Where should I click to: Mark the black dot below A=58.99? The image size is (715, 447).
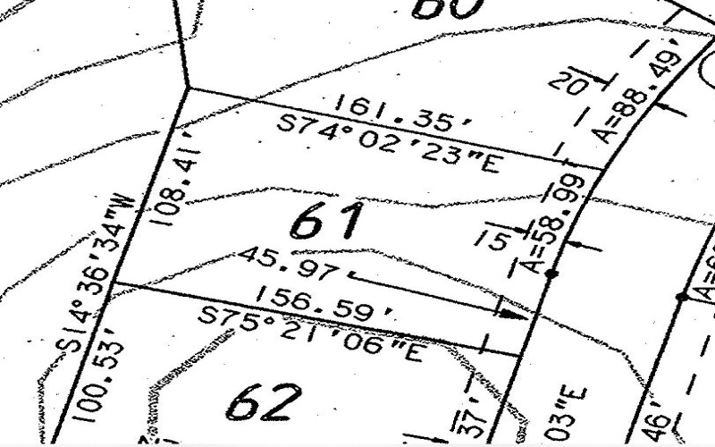click(x=552, y=274)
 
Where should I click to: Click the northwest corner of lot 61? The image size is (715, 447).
click(x=186, y=88)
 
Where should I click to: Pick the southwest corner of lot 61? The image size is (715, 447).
click(x=116, y=284)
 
